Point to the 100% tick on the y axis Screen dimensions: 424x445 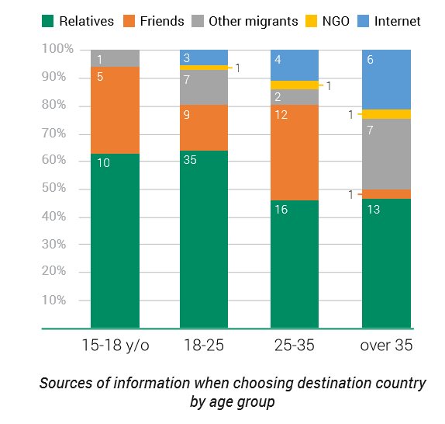point(58,50)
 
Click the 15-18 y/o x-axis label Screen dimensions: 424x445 point(115,345)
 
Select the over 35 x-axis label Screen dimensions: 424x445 point(387,345)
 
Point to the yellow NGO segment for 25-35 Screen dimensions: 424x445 point(295,85)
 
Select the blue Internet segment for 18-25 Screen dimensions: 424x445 point(204,57)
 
